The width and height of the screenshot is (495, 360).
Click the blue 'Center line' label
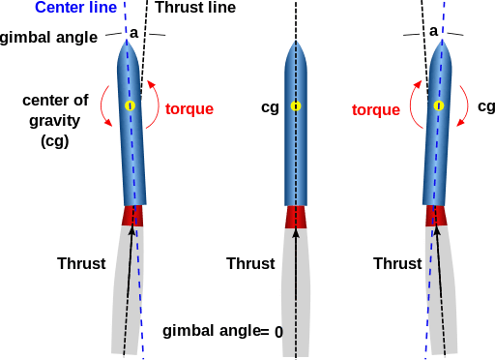76,9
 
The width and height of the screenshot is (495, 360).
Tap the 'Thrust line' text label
194,9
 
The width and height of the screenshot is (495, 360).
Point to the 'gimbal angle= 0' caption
222,331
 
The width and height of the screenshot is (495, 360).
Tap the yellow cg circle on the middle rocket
295,105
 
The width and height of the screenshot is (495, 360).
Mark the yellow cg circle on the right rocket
440,105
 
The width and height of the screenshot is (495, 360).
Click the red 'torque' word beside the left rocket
189,108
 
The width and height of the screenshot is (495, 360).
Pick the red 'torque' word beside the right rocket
377,109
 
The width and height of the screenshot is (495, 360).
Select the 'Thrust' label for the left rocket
81,263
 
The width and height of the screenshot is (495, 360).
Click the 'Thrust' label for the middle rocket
250,263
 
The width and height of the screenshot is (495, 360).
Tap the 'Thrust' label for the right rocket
397,263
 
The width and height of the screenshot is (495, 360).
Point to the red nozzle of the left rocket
132,216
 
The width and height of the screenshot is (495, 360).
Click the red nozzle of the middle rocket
295,216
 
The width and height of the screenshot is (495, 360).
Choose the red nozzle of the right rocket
438,216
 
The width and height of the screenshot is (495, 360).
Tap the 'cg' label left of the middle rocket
270,107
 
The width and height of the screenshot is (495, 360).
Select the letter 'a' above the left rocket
134,32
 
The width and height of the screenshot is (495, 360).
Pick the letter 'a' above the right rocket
433,31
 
